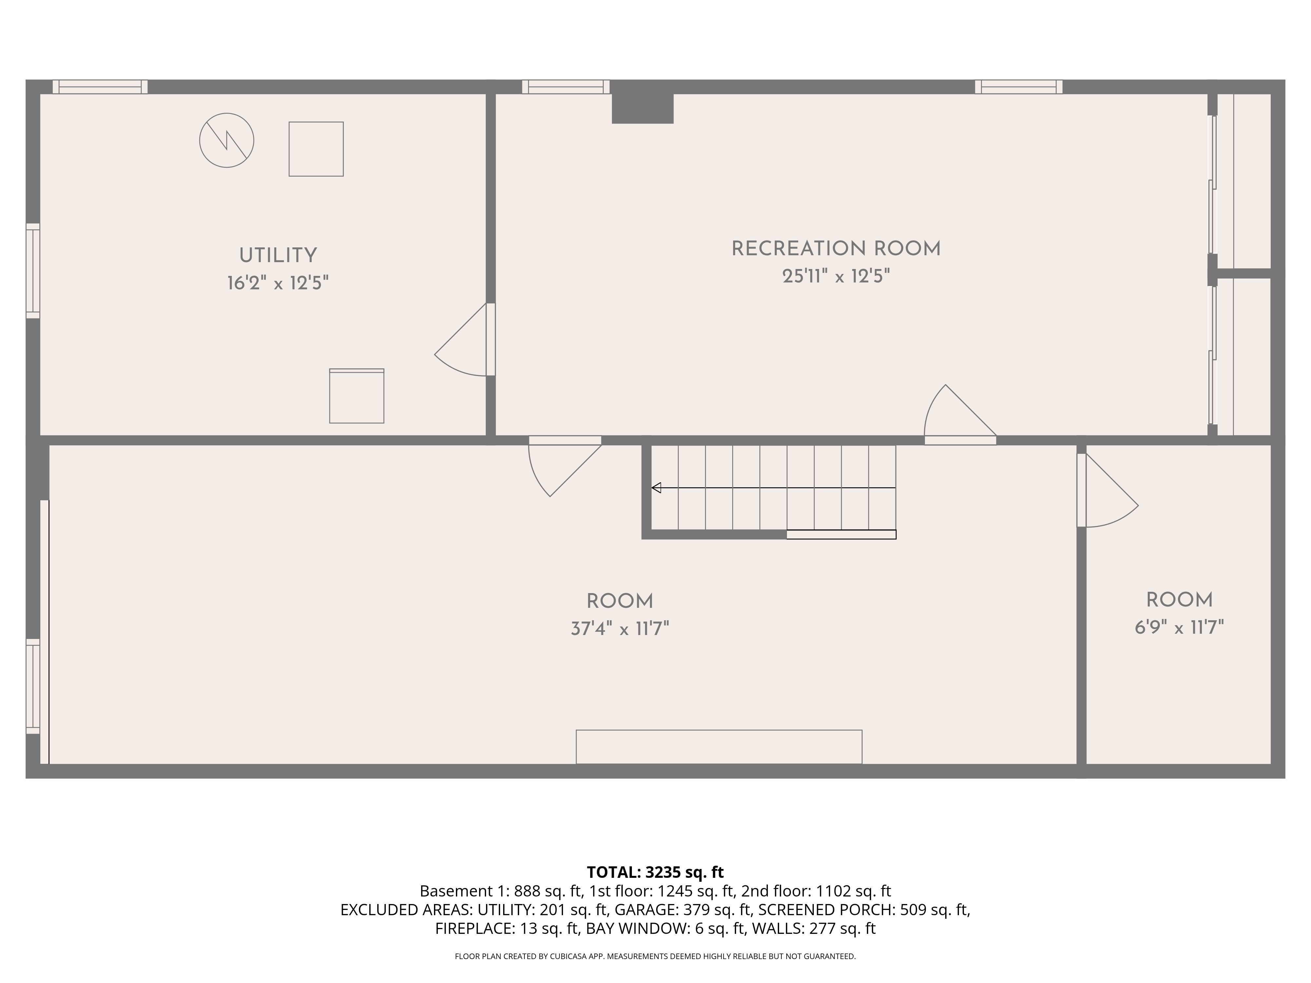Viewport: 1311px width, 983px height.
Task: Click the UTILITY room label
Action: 278,255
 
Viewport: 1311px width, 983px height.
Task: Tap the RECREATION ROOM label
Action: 836,249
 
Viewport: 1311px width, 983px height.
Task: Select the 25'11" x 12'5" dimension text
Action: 836,276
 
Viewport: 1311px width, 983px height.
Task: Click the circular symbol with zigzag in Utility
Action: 226,141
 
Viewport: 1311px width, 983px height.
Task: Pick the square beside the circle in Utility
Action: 316,149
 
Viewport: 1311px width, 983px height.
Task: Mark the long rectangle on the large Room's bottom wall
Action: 718,746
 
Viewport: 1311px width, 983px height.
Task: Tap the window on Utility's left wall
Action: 33,271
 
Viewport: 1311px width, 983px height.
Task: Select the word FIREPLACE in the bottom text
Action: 474,929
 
